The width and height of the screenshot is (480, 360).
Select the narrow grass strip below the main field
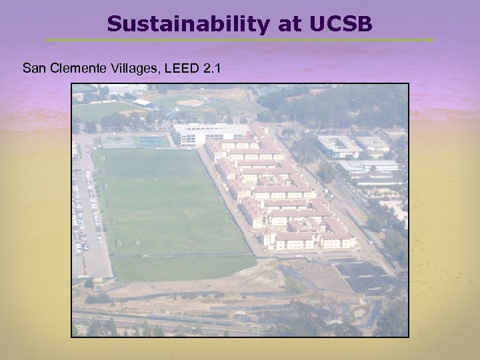coord(180,267)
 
